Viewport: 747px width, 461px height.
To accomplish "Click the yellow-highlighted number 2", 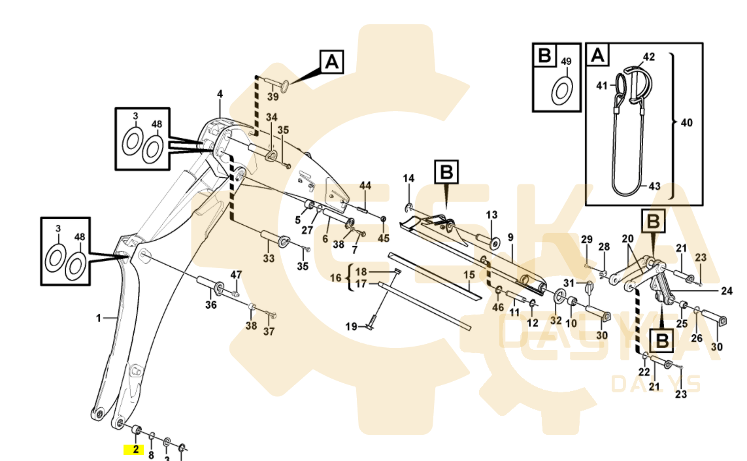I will click(x=135, y=449).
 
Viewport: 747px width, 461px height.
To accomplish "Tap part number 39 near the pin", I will click(x=273, y=96).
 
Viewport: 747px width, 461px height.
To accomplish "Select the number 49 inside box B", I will click(x=566, y=61).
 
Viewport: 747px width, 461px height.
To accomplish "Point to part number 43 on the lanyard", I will click(x=655, y=186).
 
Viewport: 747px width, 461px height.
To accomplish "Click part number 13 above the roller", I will click(x=491, y=214).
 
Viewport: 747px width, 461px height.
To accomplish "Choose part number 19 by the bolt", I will click(x=352, y=326).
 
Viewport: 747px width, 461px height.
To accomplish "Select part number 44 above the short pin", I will click(x=365, y=186).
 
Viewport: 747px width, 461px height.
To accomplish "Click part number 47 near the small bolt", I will click(x=235, y=274).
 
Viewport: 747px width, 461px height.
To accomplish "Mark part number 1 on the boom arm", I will click(x=99, y=318).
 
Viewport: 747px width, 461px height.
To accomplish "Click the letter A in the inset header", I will click(x=597, y=56).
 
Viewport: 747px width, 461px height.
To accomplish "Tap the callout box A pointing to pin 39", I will click(x=332, y=62).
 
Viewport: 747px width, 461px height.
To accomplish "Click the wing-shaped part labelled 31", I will click(x=589, y=286).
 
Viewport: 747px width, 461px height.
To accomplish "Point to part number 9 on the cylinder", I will click(x=510, y=237).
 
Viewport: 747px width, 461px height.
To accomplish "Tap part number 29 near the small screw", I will click(x=587, y=239).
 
